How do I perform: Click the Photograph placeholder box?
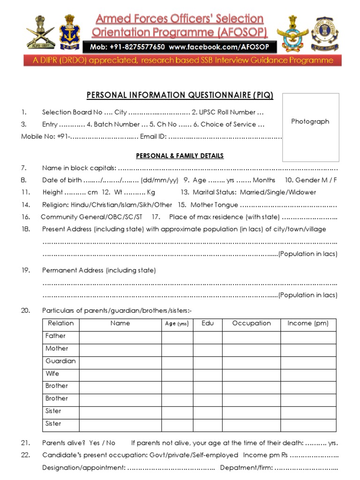[310, 127]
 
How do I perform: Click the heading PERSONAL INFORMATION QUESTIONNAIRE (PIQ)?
[180, 95]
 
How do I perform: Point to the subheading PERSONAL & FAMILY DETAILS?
[180, 156]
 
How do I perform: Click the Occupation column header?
[251, 323]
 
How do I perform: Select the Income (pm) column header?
[308, 323]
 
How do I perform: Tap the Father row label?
[55, 336]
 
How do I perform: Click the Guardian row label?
[60, 361]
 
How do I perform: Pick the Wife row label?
[52, 374]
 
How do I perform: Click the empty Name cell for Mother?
[120, 349]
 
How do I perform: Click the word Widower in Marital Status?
[303, 192]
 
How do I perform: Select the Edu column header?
[207, 323]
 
